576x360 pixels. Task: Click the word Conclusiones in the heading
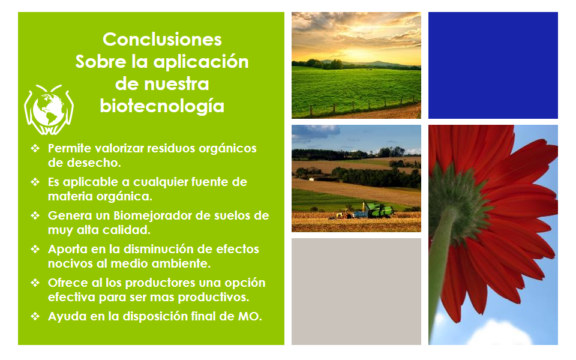click(162, 40)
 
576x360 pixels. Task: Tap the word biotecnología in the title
click(162, 107)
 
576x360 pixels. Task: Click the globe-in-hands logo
click(49, 109)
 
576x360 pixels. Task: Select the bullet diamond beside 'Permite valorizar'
click(35, 148)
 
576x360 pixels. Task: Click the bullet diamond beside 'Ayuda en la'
click(35, 316)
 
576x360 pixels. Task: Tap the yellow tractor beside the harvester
click(345, 214)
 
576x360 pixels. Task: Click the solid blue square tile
click(493, 65)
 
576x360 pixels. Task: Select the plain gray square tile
click(356, 292)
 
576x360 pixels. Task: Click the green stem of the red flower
click(442, 265)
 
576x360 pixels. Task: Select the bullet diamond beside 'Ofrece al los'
click(35, 283)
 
